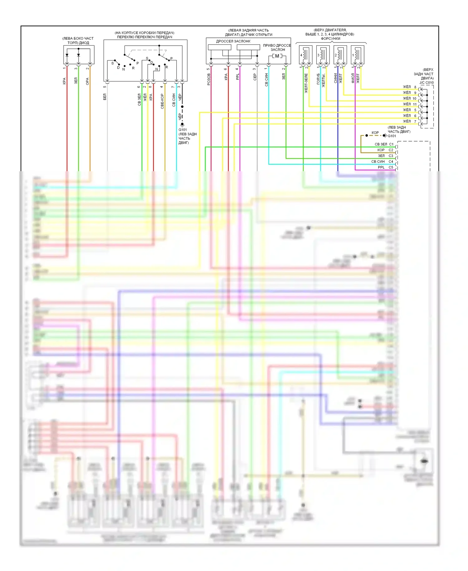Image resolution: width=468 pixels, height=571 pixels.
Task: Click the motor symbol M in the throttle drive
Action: point(277,56)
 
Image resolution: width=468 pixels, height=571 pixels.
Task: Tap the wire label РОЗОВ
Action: point(209,79)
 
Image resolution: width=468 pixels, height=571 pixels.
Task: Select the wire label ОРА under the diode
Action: point(87,81)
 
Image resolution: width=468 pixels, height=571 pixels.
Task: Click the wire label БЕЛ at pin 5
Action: point(105,97)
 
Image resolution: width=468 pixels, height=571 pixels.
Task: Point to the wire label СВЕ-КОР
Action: point(162,101)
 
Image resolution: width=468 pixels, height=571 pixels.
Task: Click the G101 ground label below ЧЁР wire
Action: point(183,130)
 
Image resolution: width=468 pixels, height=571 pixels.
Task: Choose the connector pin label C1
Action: point(391,144)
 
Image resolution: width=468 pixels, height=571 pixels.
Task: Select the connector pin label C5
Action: point(391,167)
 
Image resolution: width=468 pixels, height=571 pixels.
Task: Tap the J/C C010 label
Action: point(427,83)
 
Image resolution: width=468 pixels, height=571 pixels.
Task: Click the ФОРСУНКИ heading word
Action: point(330,39)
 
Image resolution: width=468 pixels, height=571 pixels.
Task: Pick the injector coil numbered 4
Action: point(305,55)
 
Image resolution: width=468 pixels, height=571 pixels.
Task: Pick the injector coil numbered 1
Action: point(357,55)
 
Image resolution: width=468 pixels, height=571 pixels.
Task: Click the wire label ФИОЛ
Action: point(353,78)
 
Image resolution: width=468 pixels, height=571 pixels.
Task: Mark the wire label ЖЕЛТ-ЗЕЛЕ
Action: point(306,83)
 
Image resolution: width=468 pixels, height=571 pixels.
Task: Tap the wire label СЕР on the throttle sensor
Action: point(255,77)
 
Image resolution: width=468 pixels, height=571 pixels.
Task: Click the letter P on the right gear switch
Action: point(171,58)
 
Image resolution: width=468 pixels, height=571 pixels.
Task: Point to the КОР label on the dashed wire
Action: point(375,133)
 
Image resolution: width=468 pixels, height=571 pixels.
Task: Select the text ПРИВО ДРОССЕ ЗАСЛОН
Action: point(277,47)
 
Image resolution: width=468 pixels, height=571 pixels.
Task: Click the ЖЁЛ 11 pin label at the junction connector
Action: point(410,104)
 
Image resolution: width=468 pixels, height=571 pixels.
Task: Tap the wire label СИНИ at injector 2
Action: point(336,78)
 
